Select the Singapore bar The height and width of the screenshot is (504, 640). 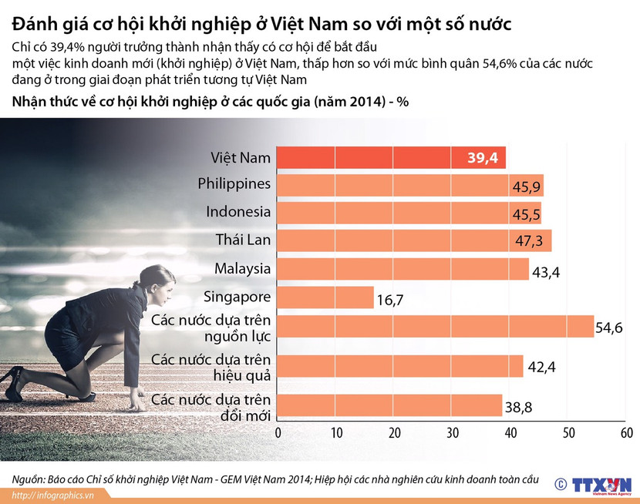325,297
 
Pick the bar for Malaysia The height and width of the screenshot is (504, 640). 401,269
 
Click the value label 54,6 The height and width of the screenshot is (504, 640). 609,328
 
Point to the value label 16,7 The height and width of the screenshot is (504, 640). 389,299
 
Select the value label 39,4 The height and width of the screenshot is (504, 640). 484,158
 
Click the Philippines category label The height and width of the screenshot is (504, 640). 234,184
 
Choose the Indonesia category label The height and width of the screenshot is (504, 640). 238,212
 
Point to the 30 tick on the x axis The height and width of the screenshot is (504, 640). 452,433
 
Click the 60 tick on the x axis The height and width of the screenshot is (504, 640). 626,433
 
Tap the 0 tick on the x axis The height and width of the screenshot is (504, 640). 278,433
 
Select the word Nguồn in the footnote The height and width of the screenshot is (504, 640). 29,478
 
